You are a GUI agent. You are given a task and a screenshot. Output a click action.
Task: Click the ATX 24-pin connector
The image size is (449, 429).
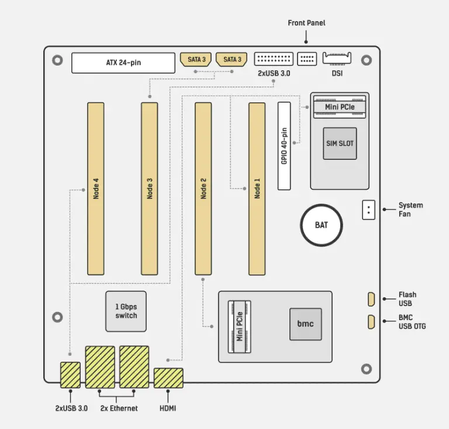[x=123, y=63]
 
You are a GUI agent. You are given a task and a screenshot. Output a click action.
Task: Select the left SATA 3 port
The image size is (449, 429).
[x=196, y=60]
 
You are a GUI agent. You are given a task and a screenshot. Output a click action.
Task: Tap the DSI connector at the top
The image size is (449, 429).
[x=337, y=59]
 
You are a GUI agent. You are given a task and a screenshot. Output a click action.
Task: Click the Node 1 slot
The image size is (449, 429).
[x=257, y=188]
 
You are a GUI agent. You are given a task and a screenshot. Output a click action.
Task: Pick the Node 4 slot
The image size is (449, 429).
[x=96, y=188]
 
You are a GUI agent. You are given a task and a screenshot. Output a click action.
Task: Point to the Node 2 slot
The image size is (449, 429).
[x=203, y=188]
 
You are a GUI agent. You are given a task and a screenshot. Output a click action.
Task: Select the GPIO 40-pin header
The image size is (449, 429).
[x=284, y=146]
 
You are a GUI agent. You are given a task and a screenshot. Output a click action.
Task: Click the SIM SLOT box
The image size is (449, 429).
[x=340, y=143]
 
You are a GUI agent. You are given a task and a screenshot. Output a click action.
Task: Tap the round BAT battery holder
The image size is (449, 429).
[x=321, y=225]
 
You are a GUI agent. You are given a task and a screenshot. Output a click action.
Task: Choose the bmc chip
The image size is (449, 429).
[x=306, y=324]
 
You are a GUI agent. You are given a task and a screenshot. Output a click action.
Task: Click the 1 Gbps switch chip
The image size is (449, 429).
[x=126, y=311]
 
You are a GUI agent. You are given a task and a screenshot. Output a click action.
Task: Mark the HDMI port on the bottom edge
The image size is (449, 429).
[x=168, y=377]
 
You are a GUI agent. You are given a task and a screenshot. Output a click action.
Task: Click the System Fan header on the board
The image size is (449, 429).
[x=368, y=210]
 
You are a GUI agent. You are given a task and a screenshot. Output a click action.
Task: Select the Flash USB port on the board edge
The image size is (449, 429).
[x=371, y=299]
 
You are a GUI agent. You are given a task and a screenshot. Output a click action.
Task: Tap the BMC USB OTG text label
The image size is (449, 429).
[x=412, y=321]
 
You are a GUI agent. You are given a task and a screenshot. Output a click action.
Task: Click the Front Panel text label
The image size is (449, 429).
[x=306, y=23]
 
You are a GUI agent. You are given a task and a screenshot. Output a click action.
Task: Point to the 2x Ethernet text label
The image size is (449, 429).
[x=119, y=408]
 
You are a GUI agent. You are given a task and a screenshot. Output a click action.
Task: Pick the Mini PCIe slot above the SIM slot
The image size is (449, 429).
[x=339, y=107]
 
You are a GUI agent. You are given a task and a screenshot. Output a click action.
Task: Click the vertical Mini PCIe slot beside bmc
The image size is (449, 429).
[x=239, y=326]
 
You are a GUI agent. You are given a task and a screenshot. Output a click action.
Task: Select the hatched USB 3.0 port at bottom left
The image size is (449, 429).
[x=71, y=375]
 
